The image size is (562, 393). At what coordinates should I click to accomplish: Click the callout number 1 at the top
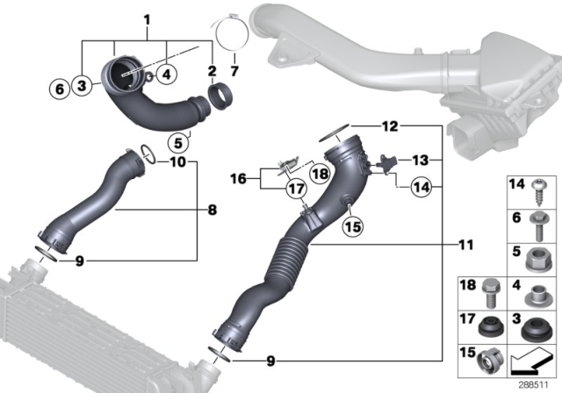(x=148, y=19)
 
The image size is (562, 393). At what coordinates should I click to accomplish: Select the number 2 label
(x=212, y=70)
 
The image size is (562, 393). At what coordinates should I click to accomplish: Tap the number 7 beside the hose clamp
(x=234, y=70)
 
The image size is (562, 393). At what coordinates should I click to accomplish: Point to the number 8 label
(x=213, y=211)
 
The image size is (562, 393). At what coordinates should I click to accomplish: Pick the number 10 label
(x=177, y=162)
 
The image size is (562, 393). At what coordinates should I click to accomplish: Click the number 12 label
(x=390, y=126)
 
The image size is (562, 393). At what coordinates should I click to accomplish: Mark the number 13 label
(x=421, y=161)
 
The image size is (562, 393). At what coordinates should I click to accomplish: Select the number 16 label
(x=238, y=180)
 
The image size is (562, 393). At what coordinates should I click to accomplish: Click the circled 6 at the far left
(x=59, y=87)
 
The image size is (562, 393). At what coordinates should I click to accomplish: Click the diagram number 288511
(x=533, y=384)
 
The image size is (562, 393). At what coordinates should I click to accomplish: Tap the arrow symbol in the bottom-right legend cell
(x=531, y=360)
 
